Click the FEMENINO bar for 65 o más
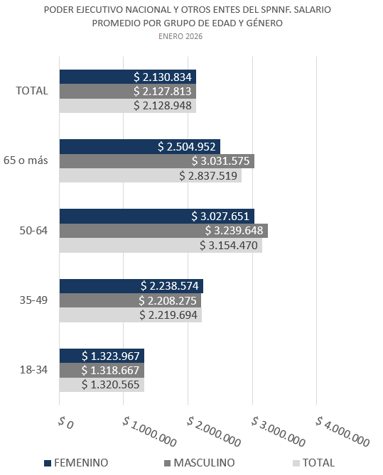(139, 147)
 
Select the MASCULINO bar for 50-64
(163, 231)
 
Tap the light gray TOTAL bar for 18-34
(101, 385)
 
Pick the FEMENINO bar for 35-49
(131, 286)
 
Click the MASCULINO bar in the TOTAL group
(127, 91)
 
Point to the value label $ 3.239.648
(234, 231)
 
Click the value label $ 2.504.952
(186, 147)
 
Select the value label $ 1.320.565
(111, 385)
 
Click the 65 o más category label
(27, 160)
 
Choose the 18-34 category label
(33, 370)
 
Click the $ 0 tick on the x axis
(64, 423)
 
